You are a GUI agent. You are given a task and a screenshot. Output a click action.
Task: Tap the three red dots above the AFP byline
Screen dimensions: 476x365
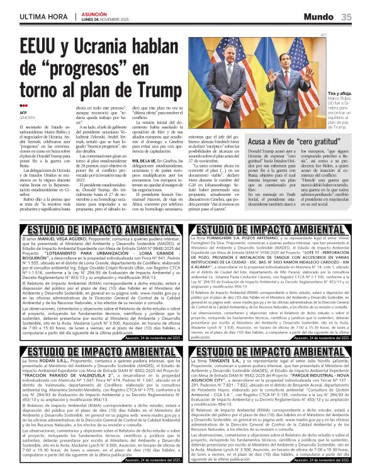[23, 106]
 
